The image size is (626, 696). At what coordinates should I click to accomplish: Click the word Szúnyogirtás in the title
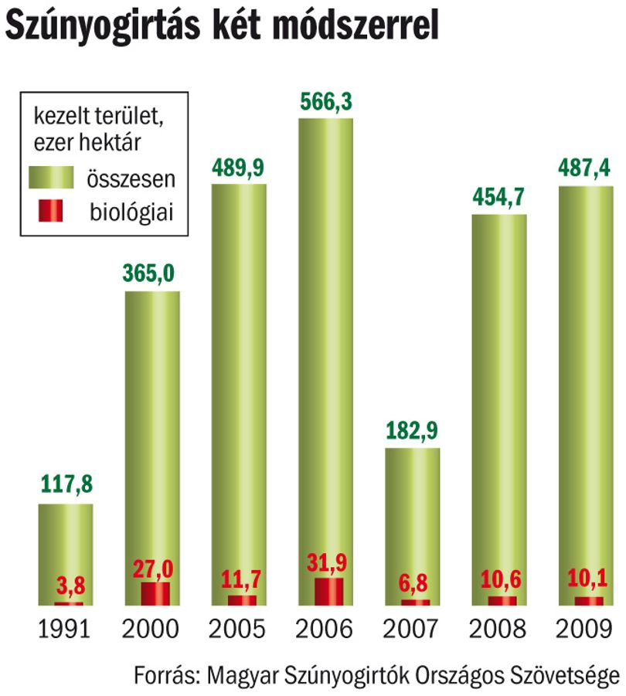[x=102, y=26]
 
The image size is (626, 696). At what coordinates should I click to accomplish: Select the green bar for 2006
[x=325, y=362]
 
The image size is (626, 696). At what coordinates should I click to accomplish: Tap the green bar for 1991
[x=66, y=555]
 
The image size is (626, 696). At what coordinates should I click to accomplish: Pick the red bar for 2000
[x=155, y=594]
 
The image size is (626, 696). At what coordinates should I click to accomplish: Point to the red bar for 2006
[x=329, y=592]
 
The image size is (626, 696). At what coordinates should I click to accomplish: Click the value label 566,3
[x=326, y=102]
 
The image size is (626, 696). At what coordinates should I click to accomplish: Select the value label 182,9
[x=412, y=430]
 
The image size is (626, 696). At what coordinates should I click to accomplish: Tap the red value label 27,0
[x=153, y=569]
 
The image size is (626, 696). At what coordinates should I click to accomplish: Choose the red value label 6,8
[x=413, y=582]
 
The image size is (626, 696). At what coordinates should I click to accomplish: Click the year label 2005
[x=237, y=629]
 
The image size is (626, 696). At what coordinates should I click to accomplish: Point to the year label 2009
[x=583, y=629]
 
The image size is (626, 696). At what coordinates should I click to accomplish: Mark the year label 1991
[x=64, y=629]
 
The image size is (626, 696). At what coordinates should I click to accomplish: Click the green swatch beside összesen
[x=51, y=178]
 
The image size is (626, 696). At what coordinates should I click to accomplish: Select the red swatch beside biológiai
[x=50, y=210]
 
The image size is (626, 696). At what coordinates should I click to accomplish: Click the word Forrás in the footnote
[x=164, y=676]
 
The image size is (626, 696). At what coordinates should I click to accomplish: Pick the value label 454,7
[x=498, y=197]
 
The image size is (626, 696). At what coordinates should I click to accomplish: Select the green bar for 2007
[x=413, y=527]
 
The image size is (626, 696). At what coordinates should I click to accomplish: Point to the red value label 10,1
[x=587, y=578]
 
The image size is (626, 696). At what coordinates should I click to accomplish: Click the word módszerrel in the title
[x=356, y=26]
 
